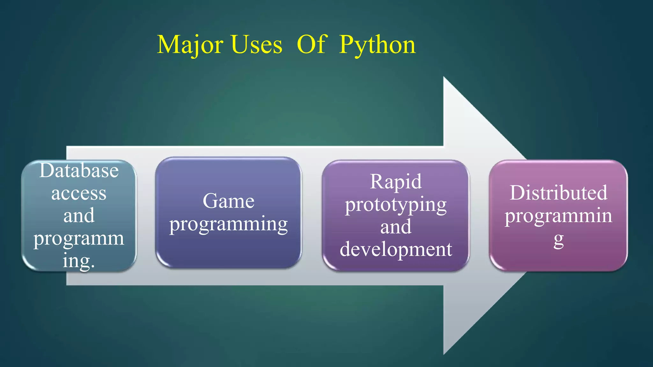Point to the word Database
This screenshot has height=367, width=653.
(x=79, y=170)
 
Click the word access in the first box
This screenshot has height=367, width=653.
(x=79, y=193)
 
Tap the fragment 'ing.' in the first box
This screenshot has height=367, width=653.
(x=79, y=261)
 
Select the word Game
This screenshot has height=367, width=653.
(x=228, y=201)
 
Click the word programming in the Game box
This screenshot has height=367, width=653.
(x=228, y=224)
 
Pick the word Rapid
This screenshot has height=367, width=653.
(x=396, y=182)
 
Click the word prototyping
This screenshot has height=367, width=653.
(x=396, y=205)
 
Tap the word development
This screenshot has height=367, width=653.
(x=396, y=249)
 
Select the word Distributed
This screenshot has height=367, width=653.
(x=558, y=193)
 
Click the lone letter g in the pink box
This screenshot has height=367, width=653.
(x=558, y=240)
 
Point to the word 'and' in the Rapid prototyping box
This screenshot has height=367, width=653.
(x=396, y=227)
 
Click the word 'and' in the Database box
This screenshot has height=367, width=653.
(x=79, y=216)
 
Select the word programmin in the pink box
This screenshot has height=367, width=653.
(x=558, y=216)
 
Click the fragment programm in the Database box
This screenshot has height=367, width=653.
(x=79, y=239)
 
